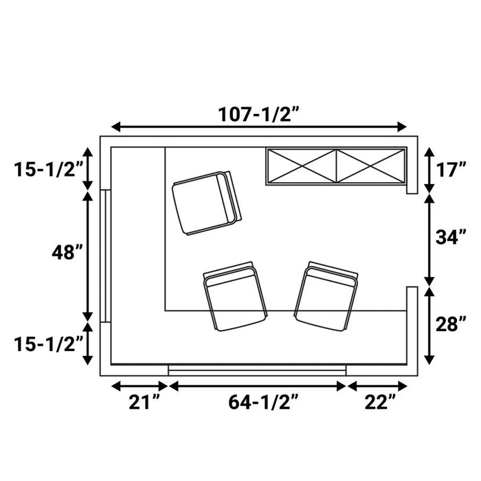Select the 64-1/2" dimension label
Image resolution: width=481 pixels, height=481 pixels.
tap(258, 401)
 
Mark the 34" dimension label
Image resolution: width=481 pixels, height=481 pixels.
tap(451, 238)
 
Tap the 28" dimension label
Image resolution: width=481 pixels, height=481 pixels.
tap(451, 324)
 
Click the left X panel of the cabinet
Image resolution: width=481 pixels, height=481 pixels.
tap(302, 166)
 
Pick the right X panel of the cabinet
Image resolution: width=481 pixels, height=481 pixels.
tap(370, 166)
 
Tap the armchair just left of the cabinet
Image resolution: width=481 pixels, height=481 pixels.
tap(206, 203)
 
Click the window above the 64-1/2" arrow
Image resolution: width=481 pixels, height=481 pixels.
tap(257, 370)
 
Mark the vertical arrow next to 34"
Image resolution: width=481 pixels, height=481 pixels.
tap(429, 239)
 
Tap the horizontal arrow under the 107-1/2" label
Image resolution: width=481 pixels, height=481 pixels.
tap(259, 127)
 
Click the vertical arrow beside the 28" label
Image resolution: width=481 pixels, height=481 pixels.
tap(429, 326)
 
